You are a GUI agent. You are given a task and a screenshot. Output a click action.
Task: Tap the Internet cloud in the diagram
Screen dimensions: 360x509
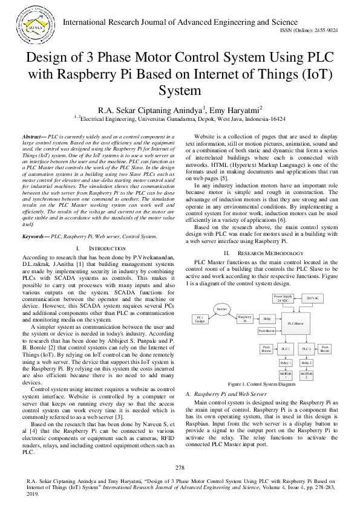(x=222, y=310)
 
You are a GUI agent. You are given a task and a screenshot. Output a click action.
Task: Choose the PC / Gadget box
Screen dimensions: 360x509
(x=198, y=319)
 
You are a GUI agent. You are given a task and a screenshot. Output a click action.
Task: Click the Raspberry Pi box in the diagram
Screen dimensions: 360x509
(x=244, y=319)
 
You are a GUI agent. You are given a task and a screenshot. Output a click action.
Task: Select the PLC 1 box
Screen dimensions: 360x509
(x=286, y=349)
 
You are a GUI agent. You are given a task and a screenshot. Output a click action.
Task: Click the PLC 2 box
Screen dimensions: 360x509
(x=307, y=349)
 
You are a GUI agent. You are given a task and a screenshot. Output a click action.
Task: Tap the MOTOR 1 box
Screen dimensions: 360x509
(x=286, y=375)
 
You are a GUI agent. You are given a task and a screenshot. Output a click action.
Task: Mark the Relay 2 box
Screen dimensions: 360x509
(x=307, y=363)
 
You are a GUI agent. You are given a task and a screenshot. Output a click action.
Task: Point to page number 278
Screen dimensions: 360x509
(x=180, y=468)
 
